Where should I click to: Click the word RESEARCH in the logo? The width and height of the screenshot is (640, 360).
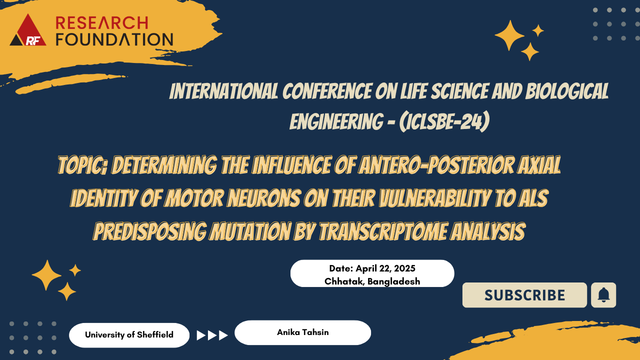pyautogui.click(x=101, y=23)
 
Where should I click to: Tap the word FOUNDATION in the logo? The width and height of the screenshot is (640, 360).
pyautogui.click(x=114, y=39)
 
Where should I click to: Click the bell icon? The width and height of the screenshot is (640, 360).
pyautogui.click(x=603, y=295)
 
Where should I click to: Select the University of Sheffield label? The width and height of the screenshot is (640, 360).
pyautogui.click(x=129, y=334)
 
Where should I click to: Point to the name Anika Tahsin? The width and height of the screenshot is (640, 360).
pyautogui.click(x=303, y=332)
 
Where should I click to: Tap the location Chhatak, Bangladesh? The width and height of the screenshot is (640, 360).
pyautogui.click(x=372, y=281)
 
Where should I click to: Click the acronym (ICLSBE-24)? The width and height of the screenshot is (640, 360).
pyautogui.click(x=444, y=121)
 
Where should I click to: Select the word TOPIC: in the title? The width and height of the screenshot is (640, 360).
pyautogui.click(x=82, y=165)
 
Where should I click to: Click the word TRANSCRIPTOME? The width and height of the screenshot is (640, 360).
pyautogui.click(x=382, y=231)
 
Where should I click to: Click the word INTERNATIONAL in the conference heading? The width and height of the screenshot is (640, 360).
pyautogui.click(x=223, y=91)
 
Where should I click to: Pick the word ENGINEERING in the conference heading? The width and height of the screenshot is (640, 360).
pyautogui.click(x=336, y=121)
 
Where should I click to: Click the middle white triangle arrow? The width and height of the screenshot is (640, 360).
pyautogui.click(x=211, y=335)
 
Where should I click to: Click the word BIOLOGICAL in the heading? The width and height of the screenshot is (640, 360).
pyautogui.click(x=567, y=91)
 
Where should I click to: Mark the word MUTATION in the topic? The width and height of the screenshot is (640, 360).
pyautogui.click(x=249, y=231)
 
